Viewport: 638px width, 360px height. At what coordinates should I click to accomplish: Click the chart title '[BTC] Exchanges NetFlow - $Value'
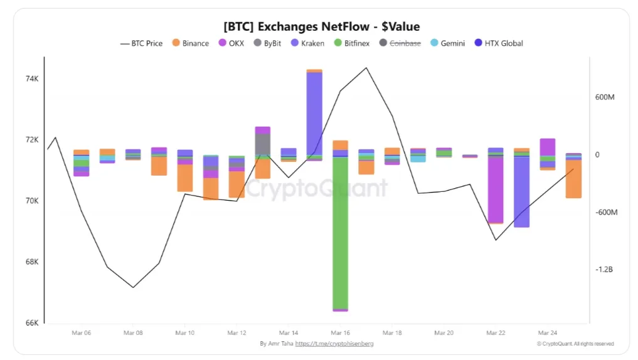click(x=321, y=26)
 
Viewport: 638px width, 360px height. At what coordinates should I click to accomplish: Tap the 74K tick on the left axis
click(x=32, y=79)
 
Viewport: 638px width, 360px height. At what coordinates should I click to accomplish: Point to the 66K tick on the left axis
click(x=32, y=323)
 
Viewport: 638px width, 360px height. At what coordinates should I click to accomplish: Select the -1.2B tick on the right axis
click(x=605, y=269)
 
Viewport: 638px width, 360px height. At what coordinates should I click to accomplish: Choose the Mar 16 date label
click(x=340, y=333)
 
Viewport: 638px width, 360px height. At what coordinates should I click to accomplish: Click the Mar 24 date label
click(x=548, y=333)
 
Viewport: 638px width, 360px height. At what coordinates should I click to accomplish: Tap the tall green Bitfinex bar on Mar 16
click(x=340, y=232)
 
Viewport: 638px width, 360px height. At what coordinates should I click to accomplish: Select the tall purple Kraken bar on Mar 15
click(x=314, y=113)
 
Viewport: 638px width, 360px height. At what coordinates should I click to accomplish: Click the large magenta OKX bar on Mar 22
click(x=496, y=188)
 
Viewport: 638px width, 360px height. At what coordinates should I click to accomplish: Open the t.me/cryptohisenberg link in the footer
click(x=334, y=344)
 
